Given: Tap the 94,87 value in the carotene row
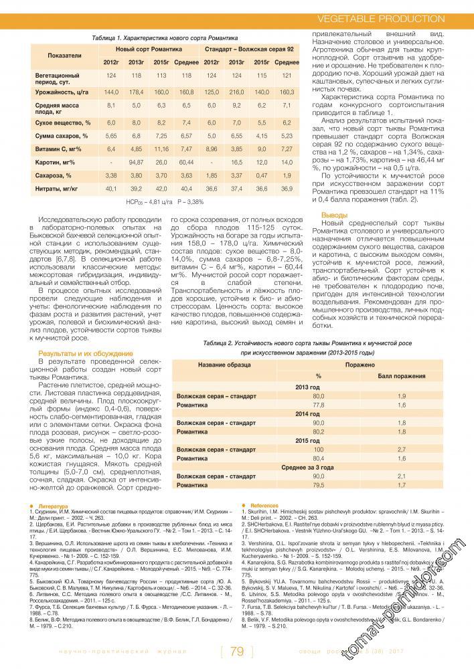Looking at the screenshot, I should [x=136, y=162].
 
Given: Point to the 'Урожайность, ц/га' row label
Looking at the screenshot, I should [x=62, y=91].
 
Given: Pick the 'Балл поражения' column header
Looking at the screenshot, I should [x=396, y=376].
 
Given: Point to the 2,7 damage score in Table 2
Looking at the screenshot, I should [x=402, y=450].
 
